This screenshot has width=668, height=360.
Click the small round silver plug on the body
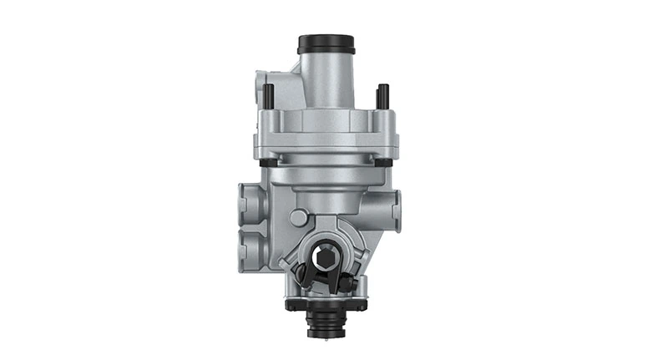(x=297, y=218)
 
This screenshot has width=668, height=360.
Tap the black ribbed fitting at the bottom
(x=326, y=322)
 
